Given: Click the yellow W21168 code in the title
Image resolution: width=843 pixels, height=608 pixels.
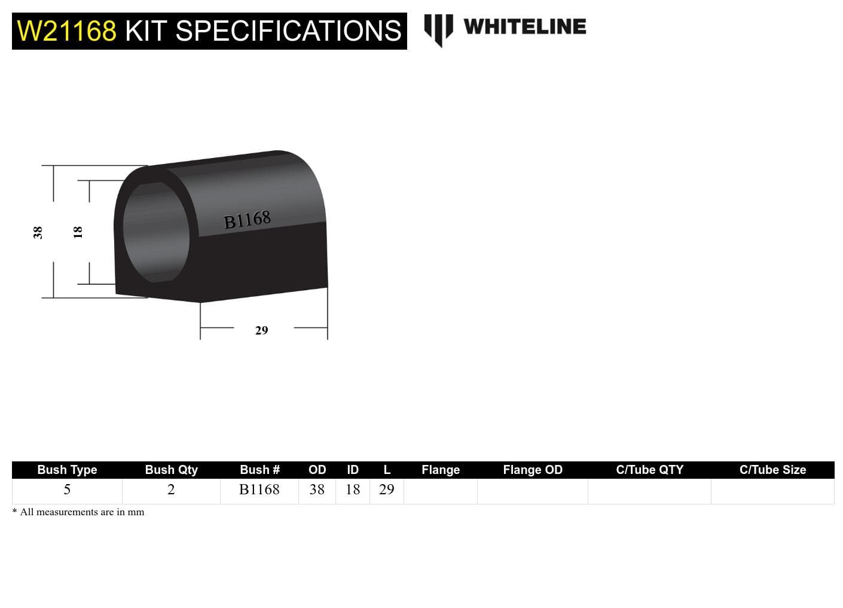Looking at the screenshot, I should coord(66,31).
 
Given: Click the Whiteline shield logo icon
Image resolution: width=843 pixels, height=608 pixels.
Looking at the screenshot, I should coord(438,29).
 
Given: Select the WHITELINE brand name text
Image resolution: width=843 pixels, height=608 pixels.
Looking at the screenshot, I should coord(524,27).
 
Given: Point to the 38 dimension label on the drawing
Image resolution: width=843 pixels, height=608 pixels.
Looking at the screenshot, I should coord(38,232).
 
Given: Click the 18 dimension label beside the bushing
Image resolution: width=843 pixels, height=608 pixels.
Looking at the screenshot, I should coord(78,232).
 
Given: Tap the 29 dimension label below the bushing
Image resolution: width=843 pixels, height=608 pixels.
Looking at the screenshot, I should coord(261,330).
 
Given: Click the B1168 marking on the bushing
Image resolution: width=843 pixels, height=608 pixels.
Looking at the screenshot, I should coord(247,220).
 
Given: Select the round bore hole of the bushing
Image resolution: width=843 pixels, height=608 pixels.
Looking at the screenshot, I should coord(155,232).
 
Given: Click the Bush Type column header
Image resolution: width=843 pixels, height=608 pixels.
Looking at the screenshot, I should coord(67,470).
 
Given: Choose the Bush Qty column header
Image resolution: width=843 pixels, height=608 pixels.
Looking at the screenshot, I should coord(171,470).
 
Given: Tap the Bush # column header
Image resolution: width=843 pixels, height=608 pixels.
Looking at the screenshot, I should coord(259,470).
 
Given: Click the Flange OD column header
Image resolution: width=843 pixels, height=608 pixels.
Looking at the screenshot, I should coord(532,470).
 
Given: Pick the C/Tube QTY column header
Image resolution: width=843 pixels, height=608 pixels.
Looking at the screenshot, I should coord(649,470).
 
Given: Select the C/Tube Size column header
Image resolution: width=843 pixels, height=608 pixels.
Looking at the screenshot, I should coord(772,470).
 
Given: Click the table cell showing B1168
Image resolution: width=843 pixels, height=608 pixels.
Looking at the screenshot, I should coord(259,490).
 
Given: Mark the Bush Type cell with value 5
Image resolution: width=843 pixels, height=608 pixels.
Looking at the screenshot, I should coord(67,490).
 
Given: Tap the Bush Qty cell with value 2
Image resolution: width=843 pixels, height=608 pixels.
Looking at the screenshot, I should coord(171,490).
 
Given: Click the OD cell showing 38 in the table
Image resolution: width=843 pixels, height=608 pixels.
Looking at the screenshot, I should coord(317,490).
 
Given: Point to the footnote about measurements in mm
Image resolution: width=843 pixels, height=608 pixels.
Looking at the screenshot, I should coord(78,512).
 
